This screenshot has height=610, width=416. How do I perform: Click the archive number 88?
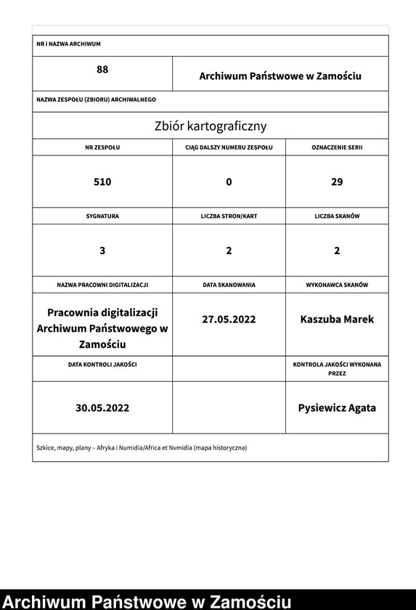click(102, 70)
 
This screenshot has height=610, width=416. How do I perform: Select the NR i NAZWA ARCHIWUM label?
click(68, 44)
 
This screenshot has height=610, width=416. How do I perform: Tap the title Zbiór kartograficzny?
click(210, 126)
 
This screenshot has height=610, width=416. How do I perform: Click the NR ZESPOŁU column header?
click(102, 147)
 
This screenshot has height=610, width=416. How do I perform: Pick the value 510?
click(102, 182)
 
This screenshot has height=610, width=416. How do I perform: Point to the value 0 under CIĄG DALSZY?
click(229, 182)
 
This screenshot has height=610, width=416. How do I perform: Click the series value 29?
click(337, 182)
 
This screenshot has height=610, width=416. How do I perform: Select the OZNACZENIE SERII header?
click(337, 147)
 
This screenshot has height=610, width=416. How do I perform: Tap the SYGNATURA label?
click(102, 216)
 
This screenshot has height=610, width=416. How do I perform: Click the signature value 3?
click(102, 251)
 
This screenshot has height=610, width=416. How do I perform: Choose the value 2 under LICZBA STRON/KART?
click(229, 251)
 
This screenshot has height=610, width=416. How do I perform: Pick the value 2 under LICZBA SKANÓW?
click(337, 251)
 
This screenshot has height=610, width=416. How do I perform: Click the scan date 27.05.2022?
click(229, 319)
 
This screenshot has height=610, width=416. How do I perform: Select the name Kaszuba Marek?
click(337, 319)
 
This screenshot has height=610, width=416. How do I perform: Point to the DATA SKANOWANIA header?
click(229, 285)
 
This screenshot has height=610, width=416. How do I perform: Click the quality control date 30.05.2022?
click(102, 408)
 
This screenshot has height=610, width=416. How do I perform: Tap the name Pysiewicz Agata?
click(337, 408)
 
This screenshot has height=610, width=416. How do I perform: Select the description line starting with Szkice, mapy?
click(142, 447)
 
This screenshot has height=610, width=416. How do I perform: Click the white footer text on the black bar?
click(147, 601)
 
